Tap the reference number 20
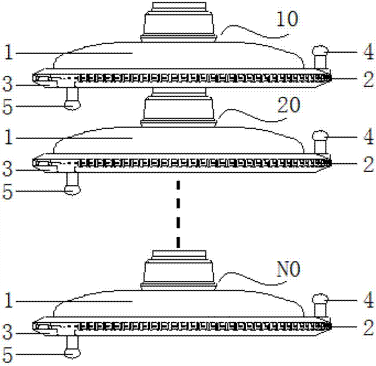(x=288, y=105)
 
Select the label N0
(x=288, y=269)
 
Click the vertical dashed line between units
(x=178, y=214)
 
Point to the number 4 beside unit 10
(x=368, y=52)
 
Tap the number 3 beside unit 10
(x=7, y=84)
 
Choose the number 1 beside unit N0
(x=8, y=301)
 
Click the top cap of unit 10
(x=179, y=22)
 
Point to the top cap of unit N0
(x=179, y=270)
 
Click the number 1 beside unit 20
(x=8, y=138)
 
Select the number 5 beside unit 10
(x=7, y=107)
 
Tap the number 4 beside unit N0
(x=368, y=300)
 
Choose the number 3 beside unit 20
(x=7, y=169)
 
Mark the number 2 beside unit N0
(x=368, y=327)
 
